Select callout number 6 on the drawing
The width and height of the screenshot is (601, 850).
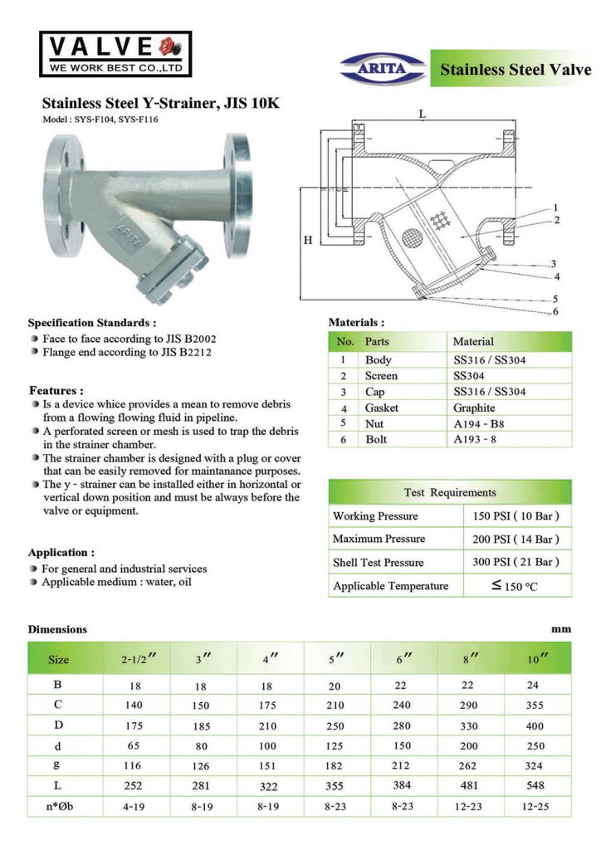coord(555,312)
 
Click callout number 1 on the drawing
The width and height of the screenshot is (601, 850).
coord(555,207)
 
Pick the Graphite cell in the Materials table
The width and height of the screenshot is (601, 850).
coord(474,408)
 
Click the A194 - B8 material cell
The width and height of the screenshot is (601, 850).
coord(481,423)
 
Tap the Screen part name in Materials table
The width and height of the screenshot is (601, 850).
coord(381,376)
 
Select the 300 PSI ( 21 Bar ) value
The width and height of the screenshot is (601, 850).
coord(515,562)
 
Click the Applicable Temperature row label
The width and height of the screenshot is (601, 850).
coord(390,586)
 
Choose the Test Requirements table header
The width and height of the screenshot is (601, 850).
coord(450,492)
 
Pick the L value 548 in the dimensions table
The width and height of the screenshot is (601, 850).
coord(535,784)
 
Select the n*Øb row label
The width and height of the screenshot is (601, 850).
coord(57,805)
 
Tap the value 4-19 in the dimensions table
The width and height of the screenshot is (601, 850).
coord(134,805)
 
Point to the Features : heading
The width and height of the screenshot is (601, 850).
coord(56,390)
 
